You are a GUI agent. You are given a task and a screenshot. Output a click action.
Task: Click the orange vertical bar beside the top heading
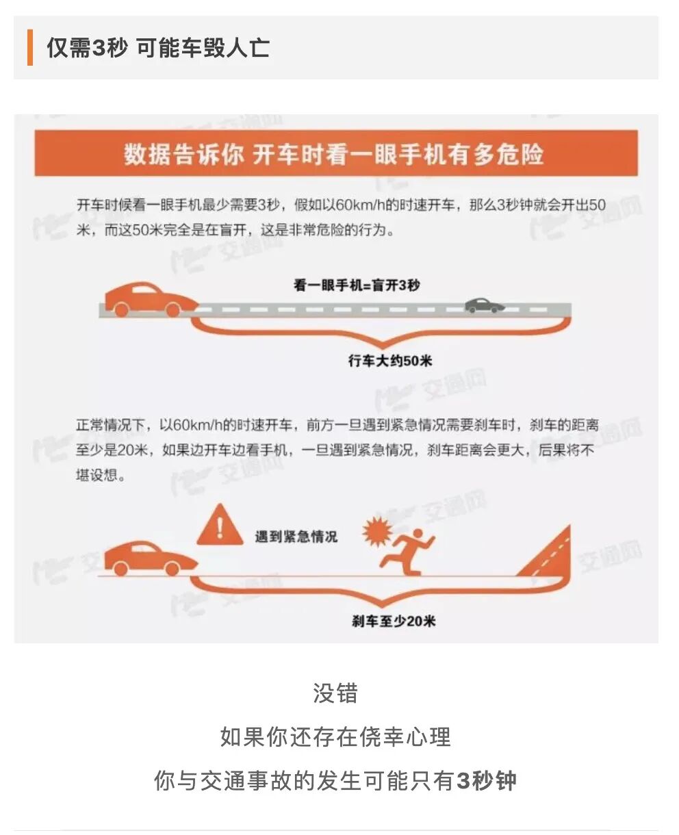point(30,48)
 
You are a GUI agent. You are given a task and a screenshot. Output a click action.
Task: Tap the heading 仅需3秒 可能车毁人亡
point(158,48)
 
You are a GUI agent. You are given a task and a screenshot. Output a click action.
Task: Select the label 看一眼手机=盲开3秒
point(357,285)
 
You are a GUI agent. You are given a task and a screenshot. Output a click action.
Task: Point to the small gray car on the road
point(485,305)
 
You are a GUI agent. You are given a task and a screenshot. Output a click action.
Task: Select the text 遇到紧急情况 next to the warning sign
point(296,536)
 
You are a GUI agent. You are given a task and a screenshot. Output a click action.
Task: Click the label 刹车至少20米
point(394,621)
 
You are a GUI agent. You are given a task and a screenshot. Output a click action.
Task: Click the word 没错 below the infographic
point(335,693)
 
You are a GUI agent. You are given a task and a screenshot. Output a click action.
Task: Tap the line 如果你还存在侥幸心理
point(335,737)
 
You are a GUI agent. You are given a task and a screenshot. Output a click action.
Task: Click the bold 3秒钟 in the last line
point(487,781)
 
